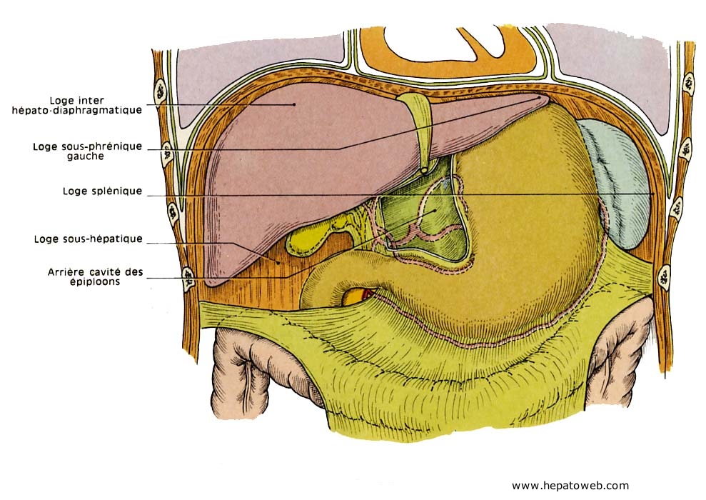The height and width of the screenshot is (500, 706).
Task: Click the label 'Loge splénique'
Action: point(102,191)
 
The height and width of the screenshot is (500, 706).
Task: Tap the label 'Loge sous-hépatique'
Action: point(88,239)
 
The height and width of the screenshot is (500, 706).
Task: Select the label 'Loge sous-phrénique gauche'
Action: point(87,151)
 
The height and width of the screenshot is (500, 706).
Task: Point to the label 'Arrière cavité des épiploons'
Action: point(95,276)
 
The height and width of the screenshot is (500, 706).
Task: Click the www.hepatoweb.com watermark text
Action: point(570,486)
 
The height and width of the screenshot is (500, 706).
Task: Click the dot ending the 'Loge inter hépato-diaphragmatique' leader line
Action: point(293,104)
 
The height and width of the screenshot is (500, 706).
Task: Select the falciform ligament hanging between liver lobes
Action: point(418,132)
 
